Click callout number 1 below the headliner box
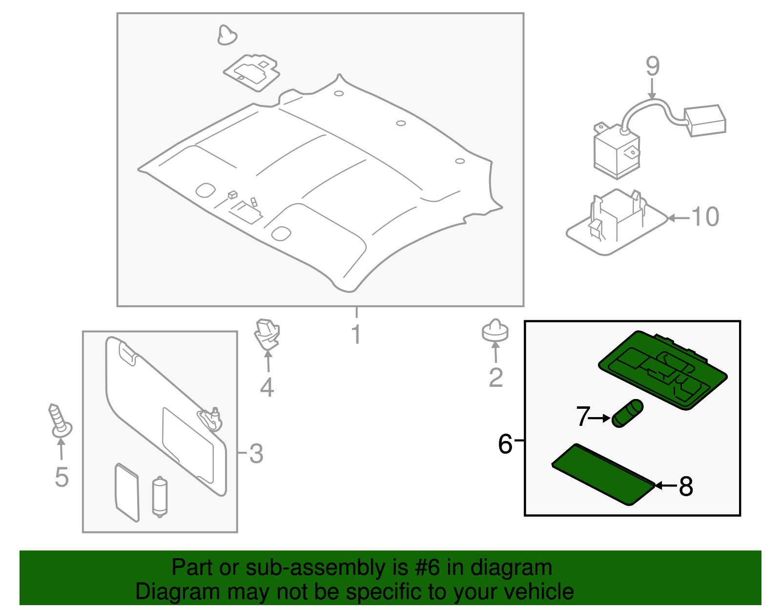coord(356,334)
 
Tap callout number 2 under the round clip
coord(495,378)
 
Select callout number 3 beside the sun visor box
coord(256,454)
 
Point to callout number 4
coord(267,387)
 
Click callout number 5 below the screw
coord(62,477)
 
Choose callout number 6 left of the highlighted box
coord(505,444)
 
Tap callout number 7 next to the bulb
coord(583,417)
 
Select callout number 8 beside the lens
coord(686,486)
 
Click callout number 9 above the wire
coord(653,66)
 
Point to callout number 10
coord(705,217)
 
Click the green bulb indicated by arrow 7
coord(628,413)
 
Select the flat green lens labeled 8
coord(603,474)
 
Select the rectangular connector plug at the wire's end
coord(705,120)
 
